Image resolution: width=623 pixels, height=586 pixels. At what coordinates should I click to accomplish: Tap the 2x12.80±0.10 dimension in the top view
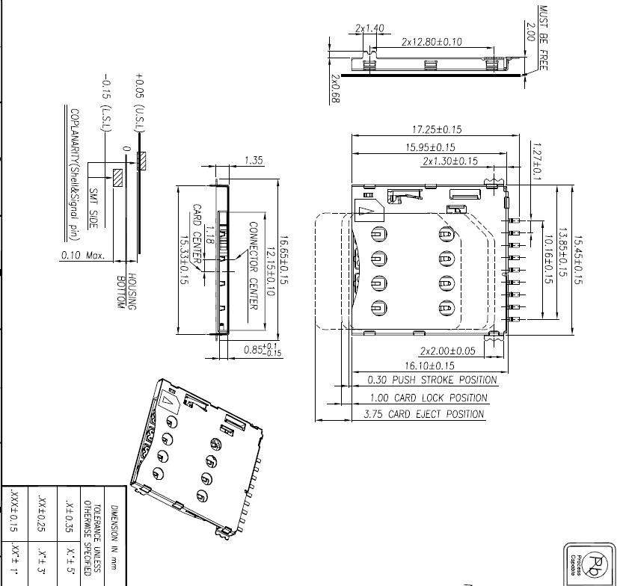(432, 41)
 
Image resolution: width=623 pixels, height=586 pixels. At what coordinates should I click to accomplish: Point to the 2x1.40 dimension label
(370, 28)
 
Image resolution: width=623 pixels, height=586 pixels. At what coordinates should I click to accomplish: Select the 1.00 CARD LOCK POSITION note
(429, 398)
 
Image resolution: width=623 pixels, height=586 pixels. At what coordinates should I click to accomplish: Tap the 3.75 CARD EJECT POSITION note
(423, 414)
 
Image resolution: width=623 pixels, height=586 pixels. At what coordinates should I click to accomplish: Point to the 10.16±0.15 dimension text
(548, 258)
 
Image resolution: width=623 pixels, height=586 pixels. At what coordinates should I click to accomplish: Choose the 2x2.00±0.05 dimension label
(448, 351)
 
